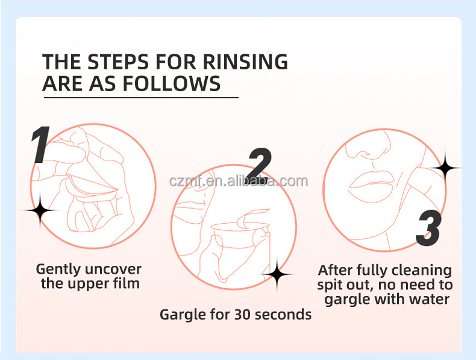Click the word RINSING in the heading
[x=245, y=62]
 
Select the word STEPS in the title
[x=118, y=62]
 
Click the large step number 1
[x=41, y=145]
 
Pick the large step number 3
[x=428, y=228]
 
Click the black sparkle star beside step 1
[x=40, y=210]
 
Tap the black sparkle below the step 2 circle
[x=277, y=274]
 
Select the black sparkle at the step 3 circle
[x=445, y=168]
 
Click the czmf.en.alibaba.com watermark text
[x=239, y=181]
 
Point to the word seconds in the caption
[x=283, y=315]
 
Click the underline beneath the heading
[x=141, y=98]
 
